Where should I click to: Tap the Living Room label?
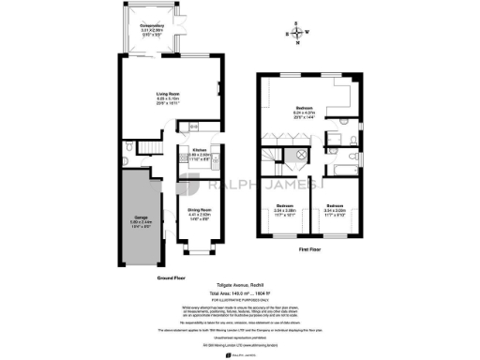coord(170,96)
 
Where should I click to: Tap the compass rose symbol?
coord(298,34)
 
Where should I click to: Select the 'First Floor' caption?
coord(311,251)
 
